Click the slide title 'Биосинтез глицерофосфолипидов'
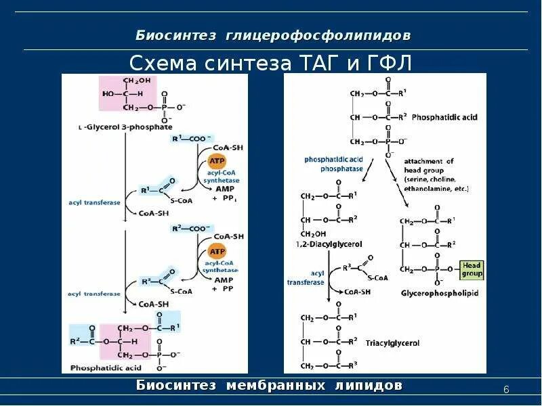(272, 35)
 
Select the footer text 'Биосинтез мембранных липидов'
(269, 386)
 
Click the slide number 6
(506, 389)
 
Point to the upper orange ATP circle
(217, 162)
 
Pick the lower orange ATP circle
(217, 251)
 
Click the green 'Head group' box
(472, 270)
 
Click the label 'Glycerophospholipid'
(430, 294)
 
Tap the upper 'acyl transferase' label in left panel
(94, 202)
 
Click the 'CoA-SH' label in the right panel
(357, 292)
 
